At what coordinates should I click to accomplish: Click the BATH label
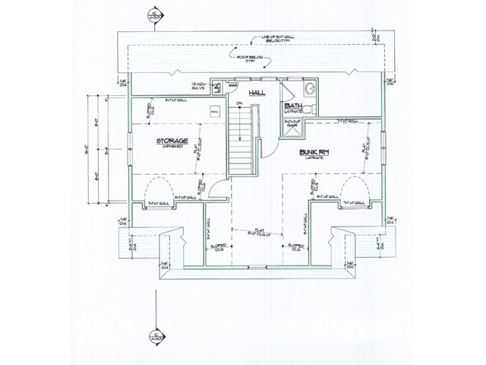tap(293, 107)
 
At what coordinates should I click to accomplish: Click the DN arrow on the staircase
tap(239, 104)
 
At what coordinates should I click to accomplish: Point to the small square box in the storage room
tap(214, 113)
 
